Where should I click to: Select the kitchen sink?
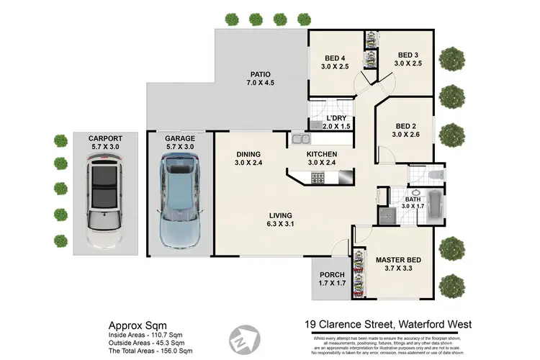click(x=301, y=139)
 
